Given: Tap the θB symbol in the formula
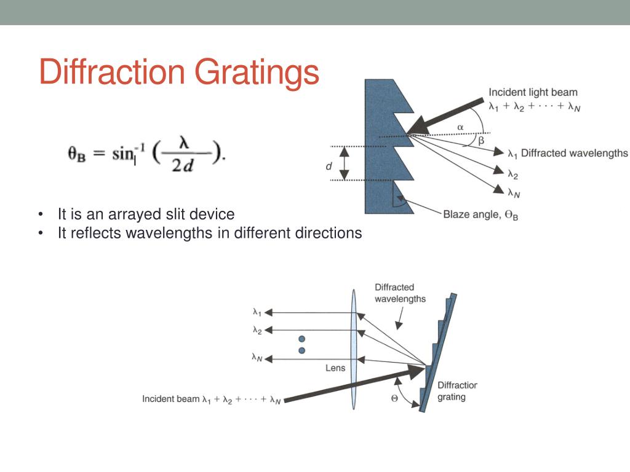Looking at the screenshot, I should coord(76,153).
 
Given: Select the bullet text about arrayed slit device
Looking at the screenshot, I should coord(146,214).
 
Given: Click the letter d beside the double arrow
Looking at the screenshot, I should coord(329,166).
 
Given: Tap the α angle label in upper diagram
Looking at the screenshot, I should coord(460,127).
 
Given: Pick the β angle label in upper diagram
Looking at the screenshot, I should coord(481,141).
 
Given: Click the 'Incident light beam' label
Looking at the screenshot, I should coord(533,93).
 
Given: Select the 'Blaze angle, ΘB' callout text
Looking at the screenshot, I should coord(480,214).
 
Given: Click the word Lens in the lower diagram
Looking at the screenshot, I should coord(335,368).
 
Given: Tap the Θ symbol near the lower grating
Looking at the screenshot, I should coord(394,398).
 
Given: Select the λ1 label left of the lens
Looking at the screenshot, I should coord(257,312).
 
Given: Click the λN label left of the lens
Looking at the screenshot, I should coord(257,356).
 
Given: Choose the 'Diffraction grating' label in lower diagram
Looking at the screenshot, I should coord(457,391).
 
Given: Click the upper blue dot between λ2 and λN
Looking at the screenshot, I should coord(301,339).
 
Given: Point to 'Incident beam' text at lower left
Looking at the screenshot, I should coord(171,399).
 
